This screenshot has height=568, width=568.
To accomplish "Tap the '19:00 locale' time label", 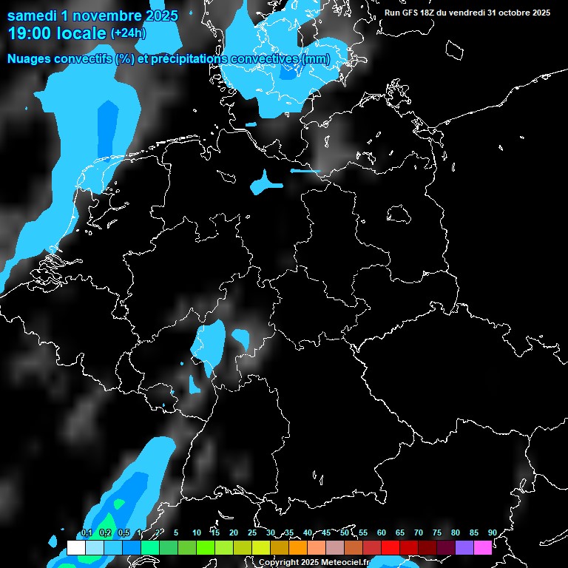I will tap(56, 33).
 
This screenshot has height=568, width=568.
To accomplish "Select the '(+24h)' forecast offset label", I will tap(128, 33).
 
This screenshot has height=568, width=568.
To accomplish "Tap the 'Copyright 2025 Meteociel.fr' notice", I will tap(313, 563).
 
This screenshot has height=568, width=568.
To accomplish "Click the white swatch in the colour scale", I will tap(76, 548).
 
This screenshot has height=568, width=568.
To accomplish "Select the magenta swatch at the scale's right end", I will tap(483, 548).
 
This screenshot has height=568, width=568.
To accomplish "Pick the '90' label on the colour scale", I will tap(492, 532).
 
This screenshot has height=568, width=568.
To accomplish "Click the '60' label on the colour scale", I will tap(381, 532).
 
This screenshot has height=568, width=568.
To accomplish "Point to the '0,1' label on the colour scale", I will tap(86, 532).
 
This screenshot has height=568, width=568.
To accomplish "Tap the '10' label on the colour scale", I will tap(196, 532).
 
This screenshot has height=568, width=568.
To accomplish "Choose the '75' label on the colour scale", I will tap(436, 532).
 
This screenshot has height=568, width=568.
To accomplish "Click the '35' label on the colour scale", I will tap(288, 532).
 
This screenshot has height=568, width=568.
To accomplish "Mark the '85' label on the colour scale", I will tap(473, 532).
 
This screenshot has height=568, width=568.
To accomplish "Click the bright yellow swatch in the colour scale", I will tap(261, 548).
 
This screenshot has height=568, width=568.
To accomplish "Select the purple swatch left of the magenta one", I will tap(464, 548).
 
